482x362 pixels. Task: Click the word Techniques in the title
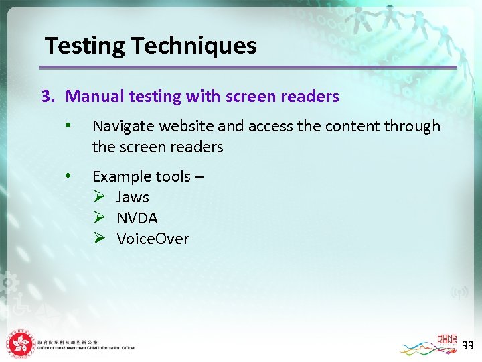click(x=194, y=46)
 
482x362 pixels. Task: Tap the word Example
click(x=122, y=176)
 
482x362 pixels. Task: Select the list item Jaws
click(x=133, y=197)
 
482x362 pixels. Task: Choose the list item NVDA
click(x=137, y=218)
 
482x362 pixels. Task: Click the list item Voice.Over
click(x=153, y=239)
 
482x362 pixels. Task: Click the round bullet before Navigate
click(x=68, y=125)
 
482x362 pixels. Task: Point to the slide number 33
click(x=468, y=345)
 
